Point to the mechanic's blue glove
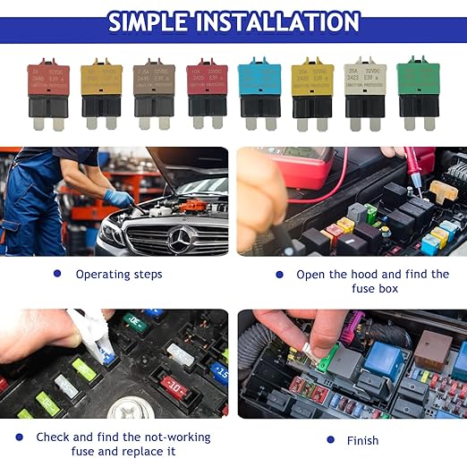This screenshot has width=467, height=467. click(x=119, y=198)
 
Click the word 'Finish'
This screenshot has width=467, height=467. click(x=363, y=440)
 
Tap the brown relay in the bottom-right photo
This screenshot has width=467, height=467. click(x=434, y=344)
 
